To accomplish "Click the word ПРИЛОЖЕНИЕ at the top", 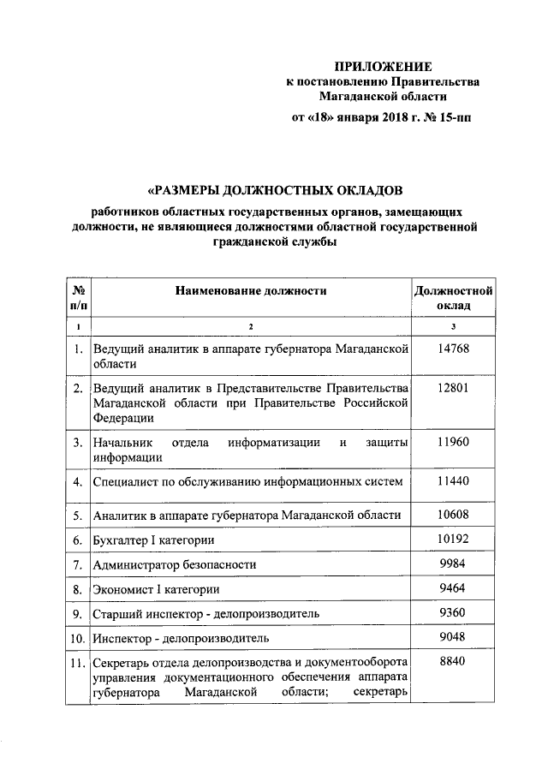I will (383, 66).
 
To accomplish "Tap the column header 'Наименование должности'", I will (252, 292).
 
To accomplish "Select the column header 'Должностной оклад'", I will (454, 299).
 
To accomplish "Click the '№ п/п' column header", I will (78, 299).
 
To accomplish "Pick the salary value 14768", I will (453, 349).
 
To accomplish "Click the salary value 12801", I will (453, 388).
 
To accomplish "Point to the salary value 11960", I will (453, 442).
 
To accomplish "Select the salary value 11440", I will (453, 482).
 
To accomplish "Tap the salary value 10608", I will (453, 515).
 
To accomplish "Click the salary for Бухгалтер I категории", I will (453, 540).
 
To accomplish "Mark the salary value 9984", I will (453, 565).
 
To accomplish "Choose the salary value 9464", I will (453, 589).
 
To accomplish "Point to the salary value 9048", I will (453, 637).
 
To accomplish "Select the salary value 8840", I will (453, 663).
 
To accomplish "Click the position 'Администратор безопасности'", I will (175, 566).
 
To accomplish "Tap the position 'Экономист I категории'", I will (157, 590).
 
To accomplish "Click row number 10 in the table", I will (77, 639).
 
